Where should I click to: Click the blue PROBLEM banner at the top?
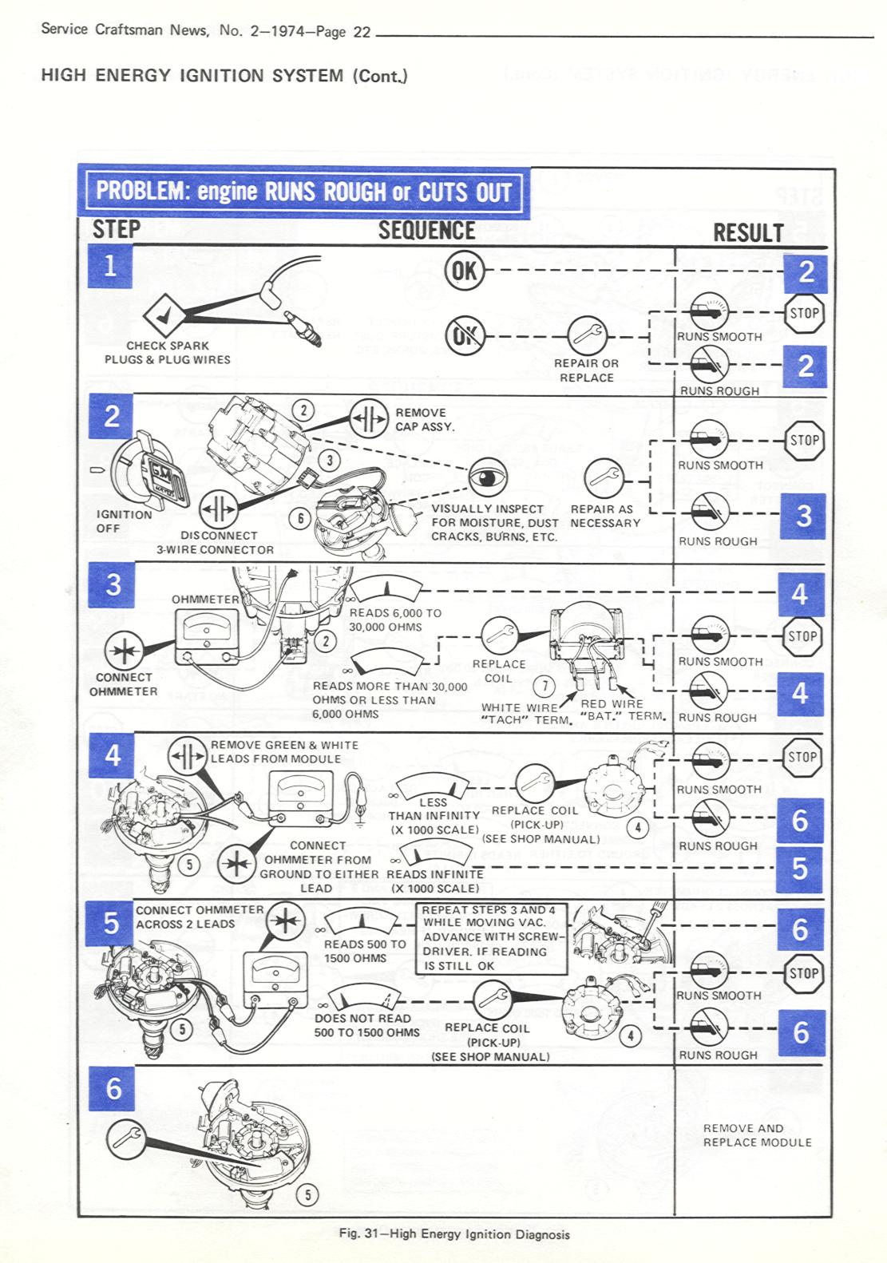coord(304,192)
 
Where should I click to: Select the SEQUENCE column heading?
coord(426,231)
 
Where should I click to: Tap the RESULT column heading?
coord(748,233)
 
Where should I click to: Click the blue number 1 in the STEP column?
coord(110,266)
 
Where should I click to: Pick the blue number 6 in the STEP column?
coord(113,1088)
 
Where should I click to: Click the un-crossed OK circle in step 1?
coord(464,271)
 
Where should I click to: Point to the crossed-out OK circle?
coord(465,335)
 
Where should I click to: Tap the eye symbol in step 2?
coord(488,478)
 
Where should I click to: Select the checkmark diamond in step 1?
coord(164,316)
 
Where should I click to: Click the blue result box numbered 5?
coord(799,869)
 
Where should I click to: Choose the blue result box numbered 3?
coord(803,516)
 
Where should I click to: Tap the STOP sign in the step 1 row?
coord(805,313)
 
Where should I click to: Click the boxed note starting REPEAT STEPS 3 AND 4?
coord(491,938)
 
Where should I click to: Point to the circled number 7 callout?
coord(544,687)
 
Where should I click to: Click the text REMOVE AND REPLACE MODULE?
coord(758,1135)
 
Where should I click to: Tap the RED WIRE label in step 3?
coord(612,703)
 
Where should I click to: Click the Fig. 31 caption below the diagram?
coord(454,1234)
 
